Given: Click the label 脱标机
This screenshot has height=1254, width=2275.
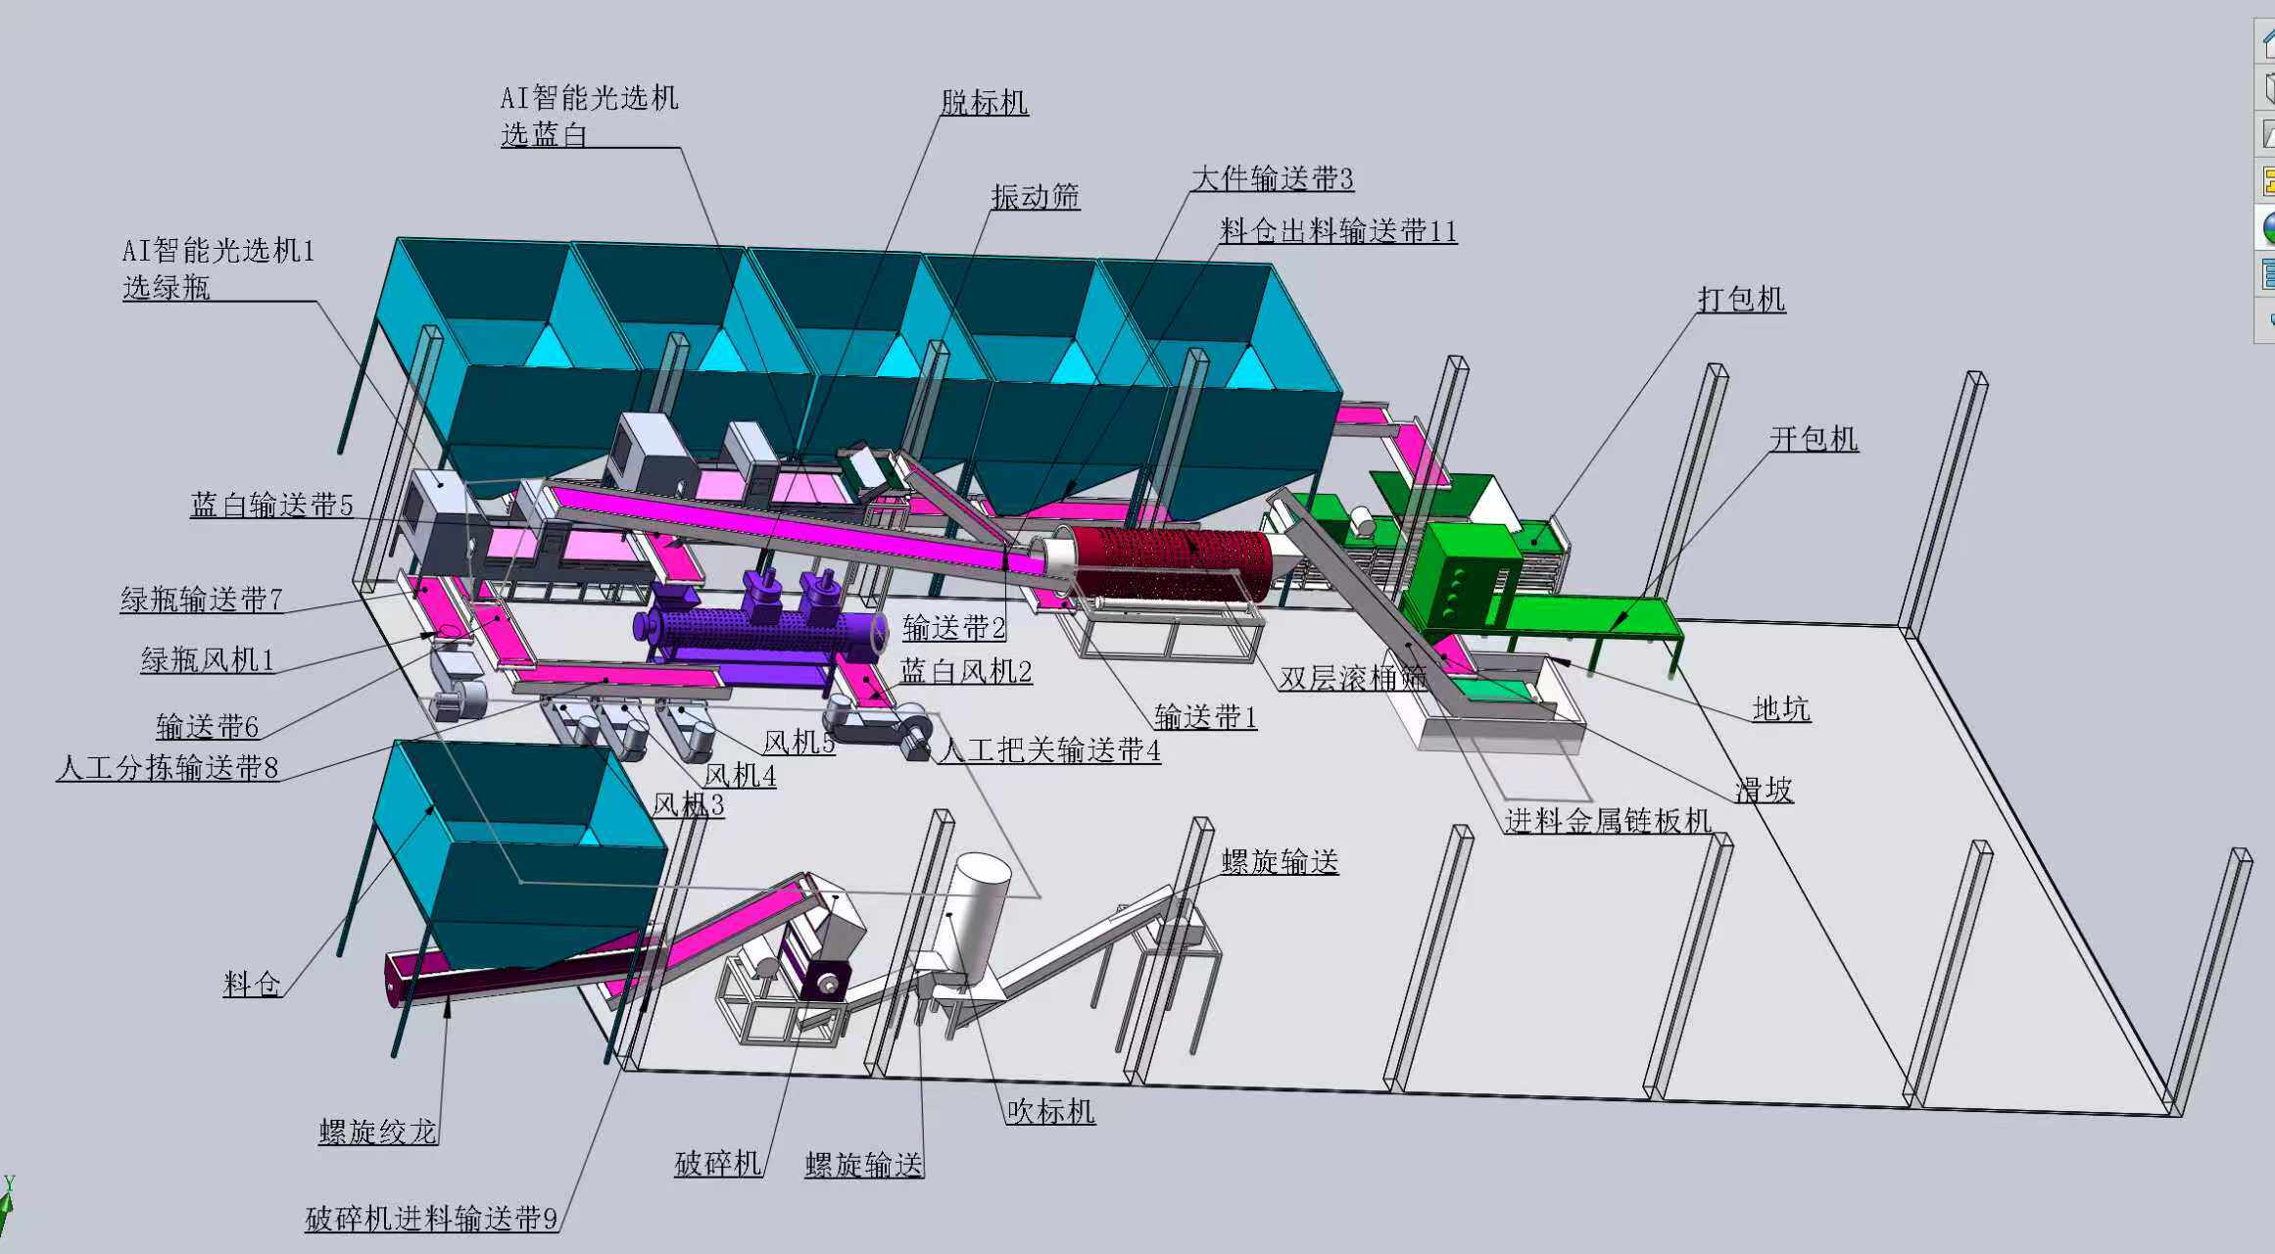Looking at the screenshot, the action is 985,102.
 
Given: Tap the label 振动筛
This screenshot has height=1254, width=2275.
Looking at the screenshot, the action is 1036,197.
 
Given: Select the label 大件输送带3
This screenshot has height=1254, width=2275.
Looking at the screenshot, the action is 1273,178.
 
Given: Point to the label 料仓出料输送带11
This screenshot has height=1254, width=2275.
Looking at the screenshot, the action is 1338,231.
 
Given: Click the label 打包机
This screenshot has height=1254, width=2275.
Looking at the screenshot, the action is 1742,299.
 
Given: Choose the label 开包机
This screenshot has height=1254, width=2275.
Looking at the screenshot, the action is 1814,438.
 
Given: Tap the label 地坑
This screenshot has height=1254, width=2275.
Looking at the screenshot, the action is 1781,708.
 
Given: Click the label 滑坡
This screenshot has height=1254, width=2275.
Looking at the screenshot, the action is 1765,790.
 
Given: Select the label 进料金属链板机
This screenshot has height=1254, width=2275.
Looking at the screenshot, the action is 1608,820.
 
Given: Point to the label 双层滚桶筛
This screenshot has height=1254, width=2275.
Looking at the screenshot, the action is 1353,678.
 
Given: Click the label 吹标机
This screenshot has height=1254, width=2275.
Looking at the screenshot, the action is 1050,1111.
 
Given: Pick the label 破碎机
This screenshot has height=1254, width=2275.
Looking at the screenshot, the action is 718,1163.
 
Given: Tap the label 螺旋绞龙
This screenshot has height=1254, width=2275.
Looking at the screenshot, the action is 378,1132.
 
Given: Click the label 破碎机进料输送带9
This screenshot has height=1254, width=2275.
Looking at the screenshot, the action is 432,1219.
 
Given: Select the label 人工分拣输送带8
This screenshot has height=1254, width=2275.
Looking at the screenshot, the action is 168,767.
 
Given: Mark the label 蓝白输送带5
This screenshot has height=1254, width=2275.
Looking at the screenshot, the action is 271,505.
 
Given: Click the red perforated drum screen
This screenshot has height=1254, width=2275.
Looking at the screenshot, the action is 1171,562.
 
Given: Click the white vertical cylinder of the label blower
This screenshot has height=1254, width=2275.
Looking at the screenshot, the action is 975,916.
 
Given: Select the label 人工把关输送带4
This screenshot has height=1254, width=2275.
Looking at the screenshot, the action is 1049,750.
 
